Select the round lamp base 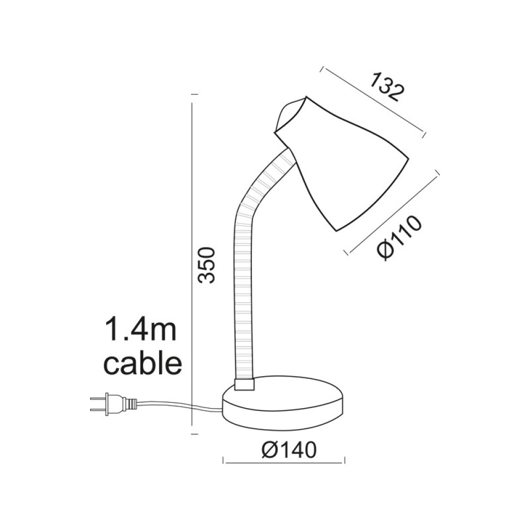click(x=285, y=405)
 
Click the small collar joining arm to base click(x=244, y=385)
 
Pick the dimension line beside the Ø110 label click(x=392, y=212)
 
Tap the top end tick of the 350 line click(x=194, y=94)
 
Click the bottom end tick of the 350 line click(x=194, y=434)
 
